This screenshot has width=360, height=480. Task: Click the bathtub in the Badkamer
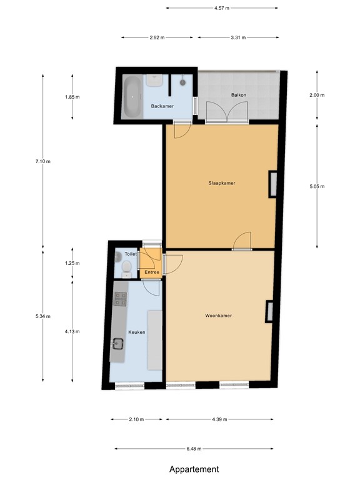[x=132, y=97]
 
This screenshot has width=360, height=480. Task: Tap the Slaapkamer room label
[x=221, y=183]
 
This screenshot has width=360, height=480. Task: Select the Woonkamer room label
[x=218, y=316]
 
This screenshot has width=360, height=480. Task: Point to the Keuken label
[x=136, y=332]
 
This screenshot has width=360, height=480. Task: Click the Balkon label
[x=238, y=96]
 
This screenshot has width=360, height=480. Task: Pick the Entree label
[x=152, y=272]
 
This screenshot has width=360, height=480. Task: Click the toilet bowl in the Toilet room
[x=126, y=268]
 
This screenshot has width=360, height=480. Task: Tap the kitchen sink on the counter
[x=118, y=343]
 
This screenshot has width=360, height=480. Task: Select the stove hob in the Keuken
[x=120, y=301]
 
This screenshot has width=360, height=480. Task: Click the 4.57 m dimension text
[x=221, y=8]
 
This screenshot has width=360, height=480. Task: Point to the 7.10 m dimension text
[x=43, y=161]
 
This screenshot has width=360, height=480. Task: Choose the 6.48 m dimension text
[x=194, y=449]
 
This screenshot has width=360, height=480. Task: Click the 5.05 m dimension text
[x=317, y=186]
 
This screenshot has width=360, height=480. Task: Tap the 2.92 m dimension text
[x=157, y=37]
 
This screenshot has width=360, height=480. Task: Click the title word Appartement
[x=194, y=469]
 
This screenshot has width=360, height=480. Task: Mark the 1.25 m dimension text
[x=72, y=263]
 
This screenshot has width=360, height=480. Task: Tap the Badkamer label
[x=162, y=106]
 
